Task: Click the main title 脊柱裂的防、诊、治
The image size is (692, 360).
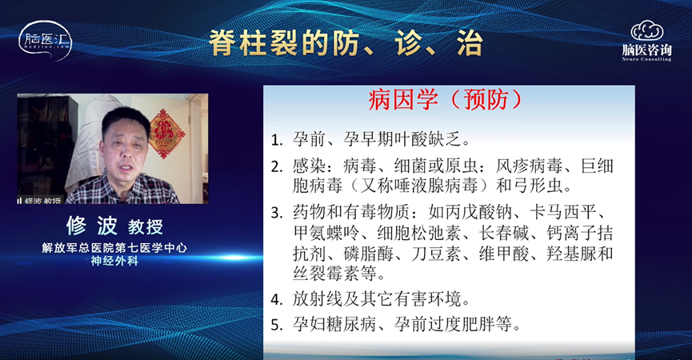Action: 346,42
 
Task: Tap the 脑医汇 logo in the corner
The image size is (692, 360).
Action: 45,40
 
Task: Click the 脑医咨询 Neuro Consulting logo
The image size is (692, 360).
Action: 646,41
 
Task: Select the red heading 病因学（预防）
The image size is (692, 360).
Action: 445,99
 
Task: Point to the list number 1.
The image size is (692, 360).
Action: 276,140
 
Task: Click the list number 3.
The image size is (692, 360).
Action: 276,213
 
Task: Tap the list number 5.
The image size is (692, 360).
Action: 276,326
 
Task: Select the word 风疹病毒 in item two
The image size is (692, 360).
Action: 529,166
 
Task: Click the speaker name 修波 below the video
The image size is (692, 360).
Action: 92,226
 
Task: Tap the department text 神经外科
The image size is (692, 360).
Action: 114,261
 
